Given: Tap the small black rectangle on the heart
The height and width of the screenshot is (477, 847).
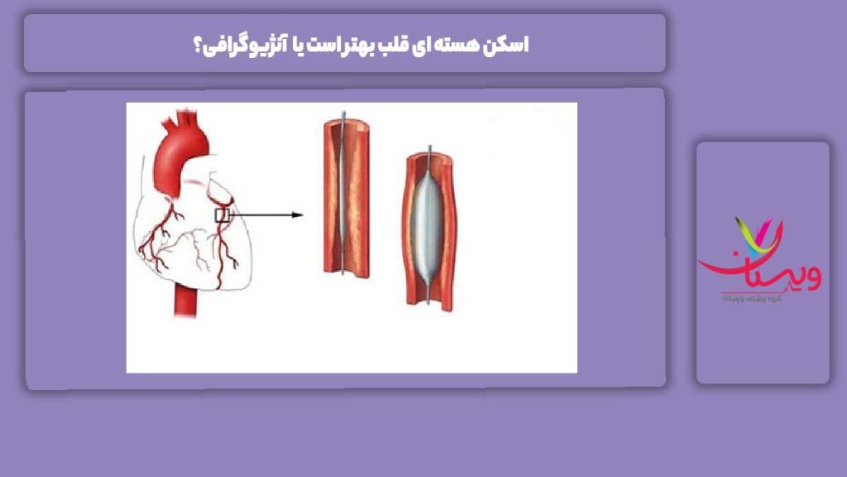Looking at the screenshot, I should pos(221,215).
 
